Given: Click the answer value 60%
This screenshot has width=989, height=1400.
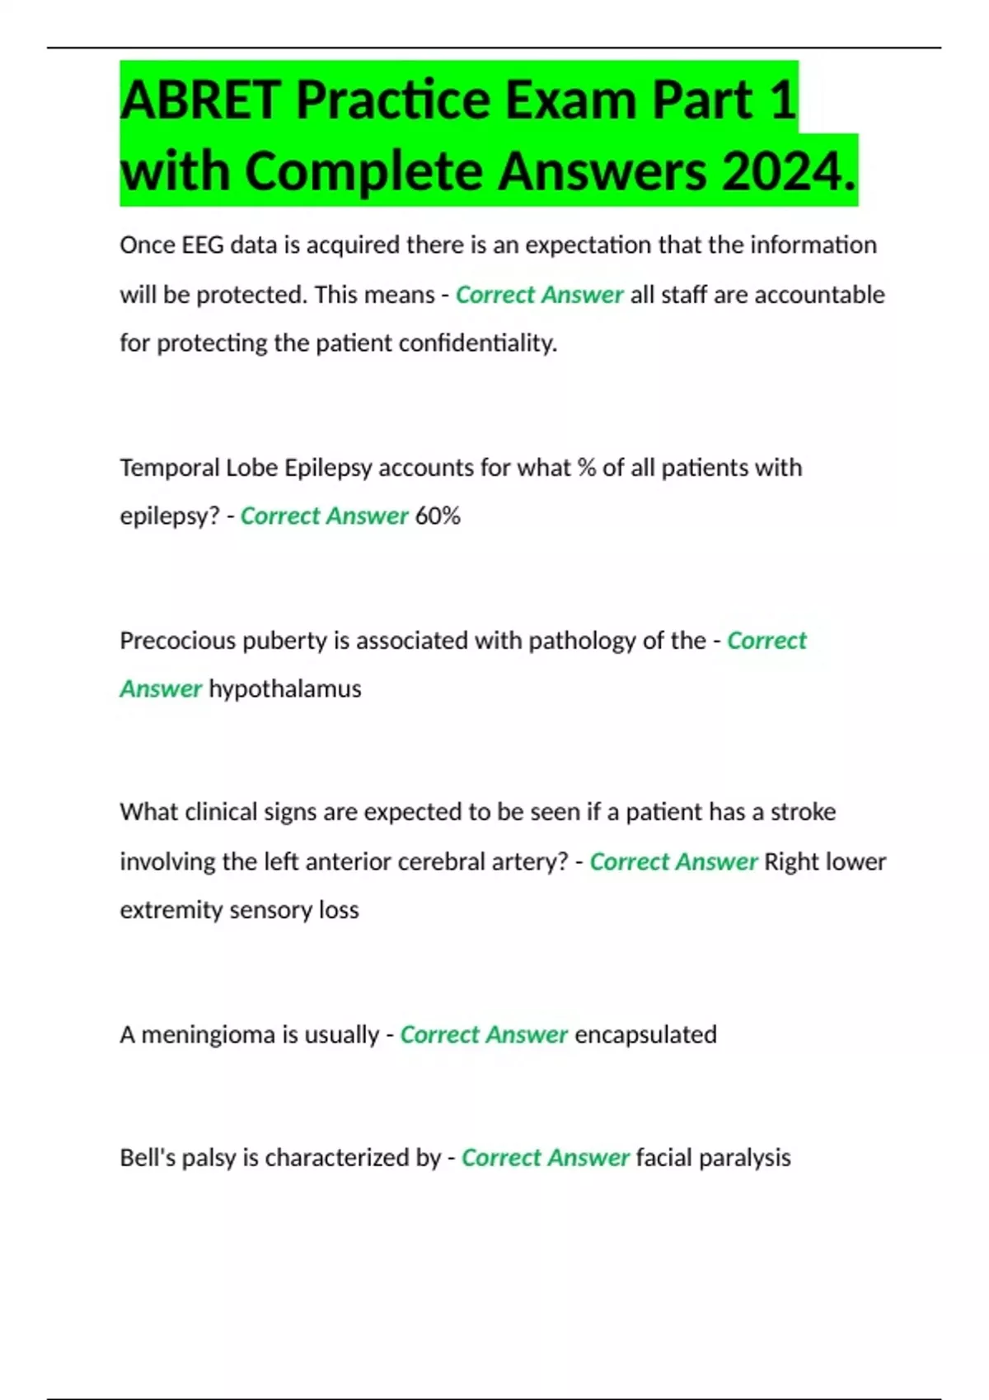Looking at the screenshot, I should pos(438,516).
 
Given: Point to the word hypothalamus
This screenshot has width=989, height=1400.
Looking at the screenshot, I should pos(285,689).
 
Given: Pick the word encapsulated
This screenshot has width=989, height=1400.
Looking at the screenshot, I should pos(645,1034).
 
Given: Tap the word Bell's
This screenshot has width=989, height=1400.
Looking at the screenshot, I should pos(148,1158).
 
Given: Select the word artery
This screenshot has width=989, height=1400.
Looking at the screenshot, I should pos(531,862).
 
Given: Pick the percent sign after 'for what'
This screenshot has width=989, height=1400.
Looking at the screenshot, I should pos(586,468).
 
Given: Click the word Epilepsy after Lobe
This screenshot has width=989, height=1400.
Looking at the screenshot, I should pos(328,468).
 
